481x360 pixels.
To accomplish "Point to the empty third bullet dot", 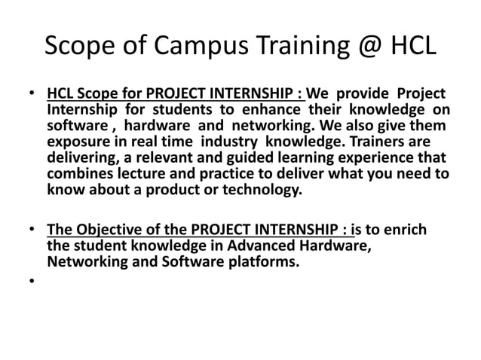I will [32, 285].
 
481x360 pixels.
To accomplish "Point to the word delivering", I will [81, 158].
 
